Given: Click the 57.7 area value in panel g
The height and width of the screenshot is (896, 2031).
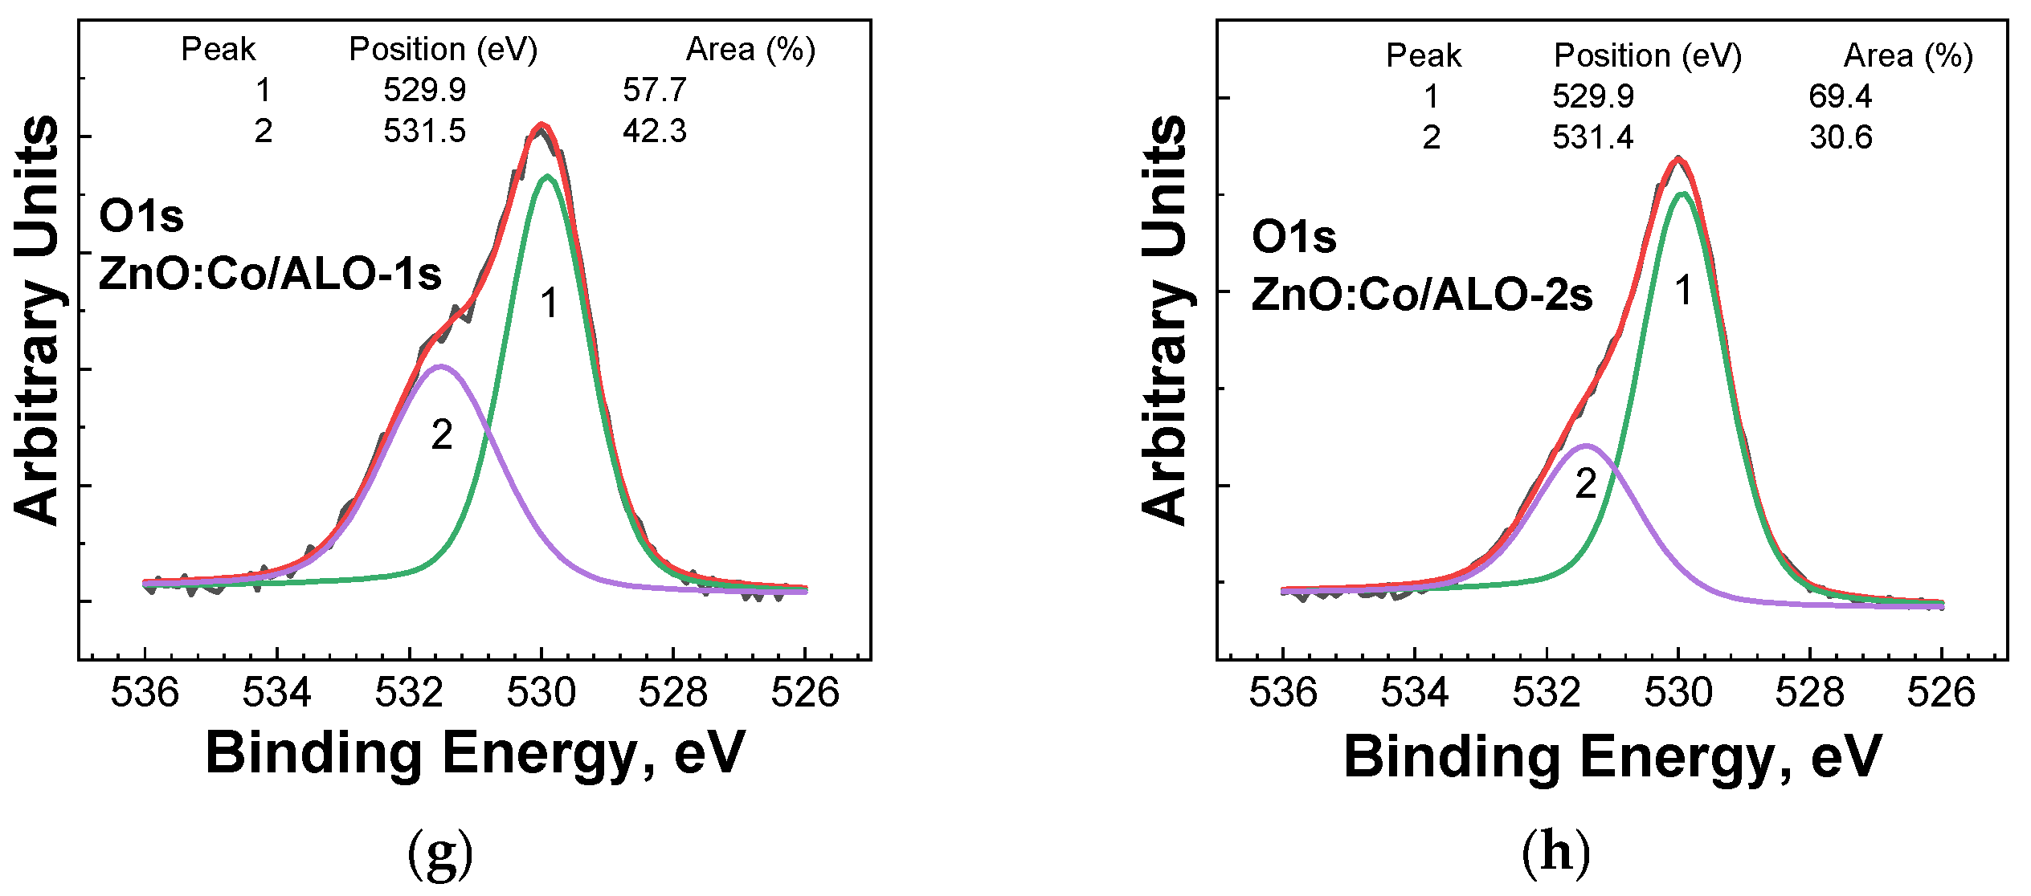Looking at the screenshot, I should [x=654, y=90].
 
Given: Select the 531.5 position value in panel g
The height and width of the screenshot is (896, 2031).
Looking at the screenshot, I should [x=424, y=131].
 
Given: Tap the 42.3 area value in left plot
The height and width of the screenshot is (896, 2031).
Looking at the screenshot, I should [x=654, y=131].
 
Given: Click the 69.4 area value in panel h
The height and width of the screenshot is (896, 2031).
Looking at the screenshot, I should [x=1840, y=96].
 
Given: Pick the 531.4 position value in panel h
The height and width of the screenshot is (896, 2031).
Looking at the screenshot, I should [x=1592, y=137].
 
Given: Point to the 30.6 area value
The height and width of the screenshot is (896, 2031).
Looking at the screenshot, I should [x=1840, y=137].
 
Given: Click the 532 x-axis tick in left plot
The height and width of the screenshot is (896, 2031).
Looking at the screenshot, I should [x=409, y=692].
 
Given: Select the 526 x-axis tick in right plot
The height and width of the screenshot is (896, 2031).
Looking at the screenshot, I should [x=1941, y=692].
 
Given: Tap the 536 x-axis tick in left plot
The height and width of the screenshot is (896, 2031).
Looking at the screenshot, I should [x=145, y=692].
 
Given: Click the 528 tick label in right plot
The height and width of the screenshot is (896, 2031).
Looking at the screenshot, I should [x=1809, y=692].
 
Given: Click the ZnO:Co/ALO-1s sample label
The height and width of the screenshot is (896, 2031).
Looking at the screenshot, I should [x=270, y=275].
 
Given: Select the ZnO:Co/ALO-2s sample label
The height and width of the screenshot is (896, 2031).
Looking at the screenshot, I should [x=1422, y=295].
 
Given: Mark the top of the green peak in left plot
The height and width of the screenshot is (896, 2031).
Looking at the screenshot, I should [x=547, y=176].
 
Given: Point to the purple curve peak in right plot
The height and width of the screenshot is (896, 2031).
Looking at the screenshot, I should [x=1585, y=445].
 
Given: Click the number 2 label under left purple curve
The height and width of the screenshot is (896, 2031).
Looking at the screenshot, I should [x=442, y=435].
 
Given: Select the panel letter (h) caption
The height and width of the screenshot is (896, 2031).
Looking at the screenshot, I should [x=1556, y=853].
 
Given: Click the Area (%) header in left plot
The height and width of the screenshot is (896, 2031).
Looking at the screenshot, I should [x=750, y=50].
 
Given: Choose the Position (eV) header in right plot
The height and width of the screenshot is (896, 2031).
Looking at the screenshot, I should [x=1647, y=55].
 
